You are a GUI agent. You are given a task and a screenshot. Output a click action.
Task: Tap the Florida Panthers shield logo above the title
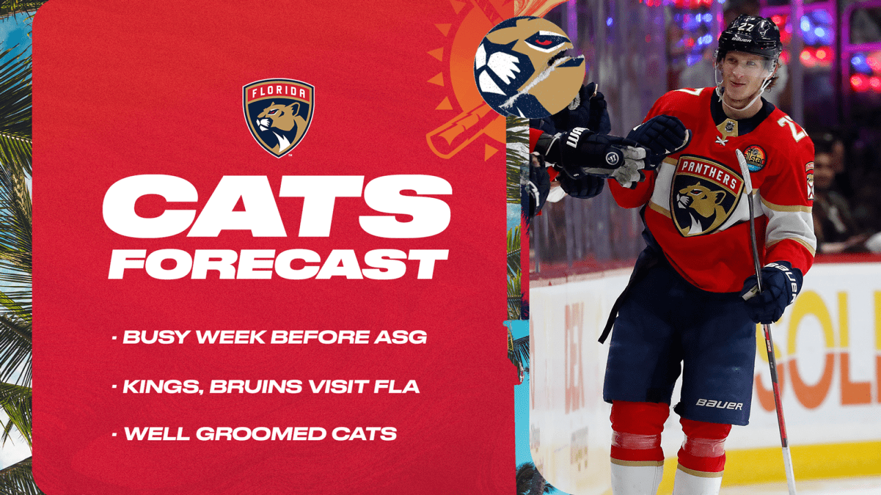coord(278,117)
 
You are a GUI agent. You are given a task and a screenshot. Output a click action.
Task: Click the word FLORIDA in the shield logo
coord(278,92)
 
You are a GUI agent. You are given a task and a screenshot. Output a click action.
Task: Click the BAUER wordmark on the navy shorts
coord(719,404)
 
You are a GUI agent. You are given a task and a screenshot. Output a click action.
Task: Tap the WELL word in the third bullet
coord(156,434)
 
